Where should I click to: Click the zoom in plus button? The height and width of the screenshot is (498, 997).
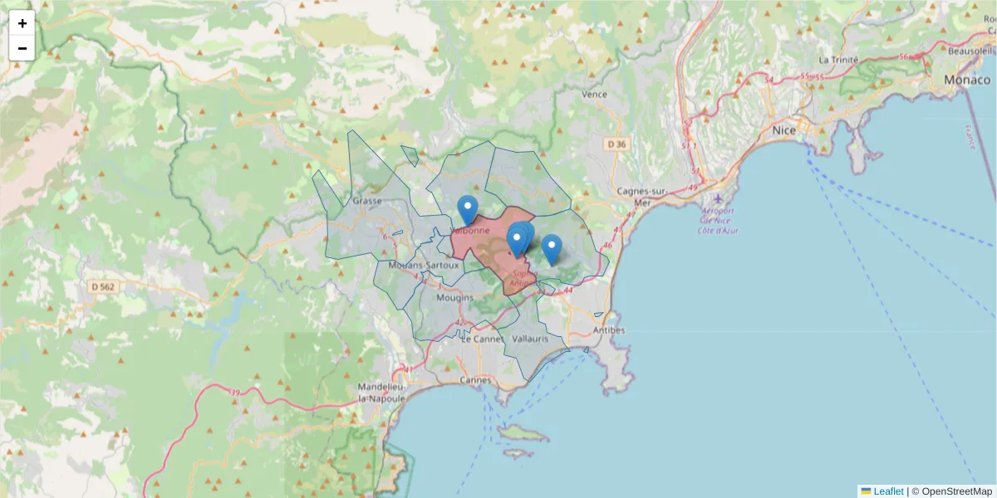coord(22,23)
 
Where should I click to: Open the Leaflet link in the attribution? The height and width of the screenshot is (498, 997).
coord(887,491)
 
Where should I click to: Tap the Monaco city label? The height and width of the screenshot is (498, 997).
coord(967,81)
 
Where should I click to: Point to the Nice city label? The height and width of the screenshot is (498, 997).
coord(783,131)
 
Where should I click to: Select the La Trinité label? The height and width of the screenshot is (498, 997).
coord(837,60)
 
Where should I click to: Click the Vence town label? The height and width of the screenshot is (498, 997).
coord(594,95)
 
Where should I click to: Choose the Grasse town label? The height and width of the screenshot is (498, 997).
coord(366,201)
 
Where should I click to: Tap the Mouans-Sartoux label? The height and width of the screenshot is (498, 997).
coord(423,265)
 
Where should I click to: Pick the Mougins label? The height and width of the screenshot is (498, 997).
coord(454,298)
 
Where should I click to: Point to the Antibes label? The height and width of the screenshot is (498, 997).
coord(608,330)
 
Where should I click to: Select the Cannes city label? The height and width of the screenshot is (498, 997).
coord(475,380)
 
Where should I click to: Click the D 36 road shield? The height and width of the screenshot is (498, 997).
coord(616,144)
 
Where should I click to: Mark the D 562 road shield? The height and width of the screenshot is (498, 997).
coord(104,286)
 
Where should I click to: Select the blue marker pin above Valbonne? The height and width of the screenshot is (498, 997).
coord(468,209)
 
